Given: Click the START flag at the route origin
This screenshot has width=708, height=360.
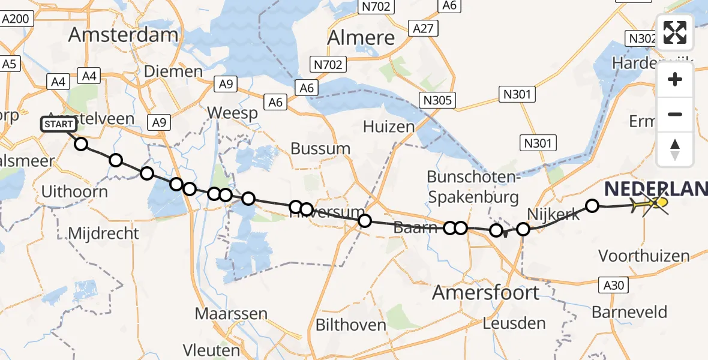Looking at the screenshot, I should [x=59, y=124].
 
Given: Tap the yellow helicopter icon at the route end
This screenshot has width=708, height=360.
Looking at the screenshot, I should [x=651, y=205].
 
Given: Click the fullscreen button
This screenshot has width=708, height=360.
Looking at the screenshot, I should [x=675, y=32].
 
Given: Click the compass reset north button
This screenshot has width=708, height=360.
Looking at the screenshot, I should [x=675, y=149].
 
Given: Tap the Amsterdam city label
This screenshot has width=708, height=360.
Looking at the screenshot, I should [x=123, y=34].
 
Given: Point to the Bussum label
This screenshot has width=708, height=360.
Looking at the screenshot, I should [x=320, y=148].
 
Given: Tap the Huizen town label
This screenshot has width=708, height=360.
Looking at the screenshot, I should [x=389, y=127].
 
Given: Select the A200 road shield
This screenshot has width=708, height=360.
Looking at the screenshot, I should [x=15, y=19].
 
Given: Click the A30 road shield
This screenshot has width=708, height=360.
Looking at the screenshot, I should [x=614, y=286].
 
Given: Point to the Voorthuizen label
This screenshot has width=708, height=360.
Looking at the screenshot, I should [x=644, y=256].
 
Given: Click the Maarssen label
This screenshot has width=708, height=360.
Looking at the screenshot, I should [x=223, y=313].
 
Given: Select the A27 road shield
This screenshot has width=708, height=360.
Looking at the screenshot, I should [x=424, y=28].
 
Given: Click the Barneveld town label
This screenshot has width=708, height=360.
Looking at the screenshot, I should [x=629, y=312].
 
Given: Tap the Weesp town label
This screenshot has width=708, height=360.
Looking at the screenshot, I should [x=232, y=112].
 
